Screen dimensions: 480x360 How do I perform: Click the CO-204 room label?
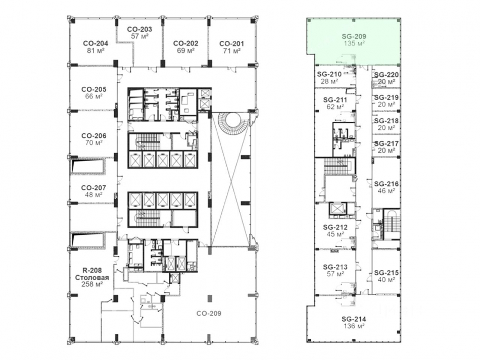[x=95, y=43]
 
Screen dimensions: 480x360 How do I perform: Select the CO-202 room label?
[x=185, y=43]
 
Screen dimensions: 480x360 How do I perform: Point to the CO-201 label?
[x=232, y=44]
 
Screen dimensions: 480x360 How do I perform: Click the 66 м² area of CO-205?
[x=94, y=96]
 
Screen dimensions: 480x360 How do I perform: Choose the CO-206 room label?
[x=94, y=135]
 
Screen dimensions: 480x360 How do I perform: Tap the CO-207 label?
[x=94, y=187]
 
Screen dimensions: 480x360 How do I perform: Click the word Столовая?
[x=92, y=277]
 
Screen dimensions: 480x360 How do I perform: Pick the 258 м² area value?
[x=92, y=284]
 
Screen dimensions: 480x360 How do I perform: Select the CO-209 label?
[x=209, y=313]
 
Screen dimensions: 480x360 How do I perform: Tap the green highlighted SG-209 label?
[x=354, y=36]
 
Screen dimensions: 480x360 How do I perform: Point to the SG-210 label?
[x=329, y=74]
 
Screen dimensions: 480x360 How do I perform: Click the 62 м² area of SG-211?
[x=335, y=107]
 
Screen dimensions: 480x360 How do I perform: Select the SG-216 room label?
[x=387, y=184]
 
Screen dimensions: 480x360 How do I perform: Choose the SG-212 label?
[x=335, y=227]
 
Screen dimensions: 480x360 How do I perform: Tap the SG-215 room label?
[x=387, y=273]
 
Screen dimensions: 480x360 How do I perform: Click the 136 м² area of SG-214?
[x=354, y=326]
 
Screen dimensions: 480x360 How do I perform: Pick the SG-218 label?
[x=387, y=121]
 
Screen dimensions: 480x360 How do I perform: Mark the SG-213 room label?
[x=335, y=267]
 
